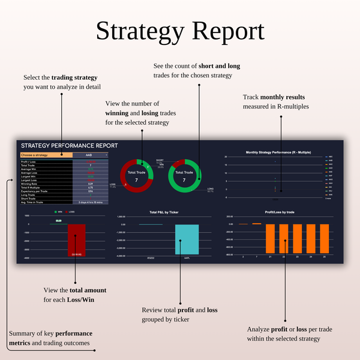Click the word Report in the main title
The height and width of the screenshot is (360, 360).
point(226,32)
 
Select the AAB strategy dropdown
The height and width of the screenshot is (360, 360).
point(90,155)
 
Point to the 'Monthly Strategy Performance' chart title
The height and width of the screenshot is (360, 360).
point(277,152)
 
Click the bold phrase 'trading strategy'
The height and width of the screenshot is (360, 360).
point(74,77)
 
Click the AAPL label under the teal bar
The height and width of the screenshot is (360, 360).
point(187,259)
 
